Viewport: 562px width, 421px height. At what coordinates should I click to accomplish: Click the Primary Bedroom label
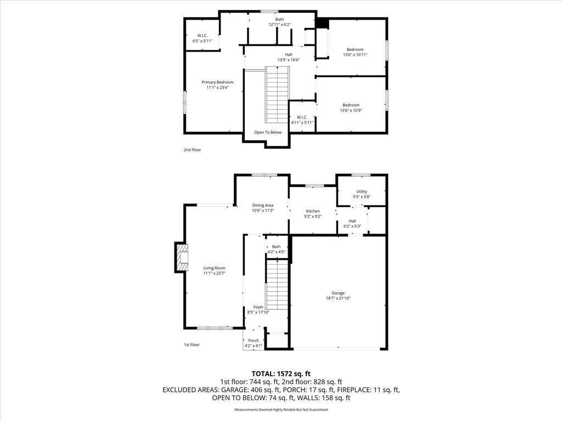[217, 82]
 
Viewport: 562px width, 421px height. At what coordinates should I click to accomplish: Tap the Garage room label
[338, 293]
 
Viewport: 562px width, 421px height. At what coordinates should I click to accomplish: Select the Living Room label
[215, 268]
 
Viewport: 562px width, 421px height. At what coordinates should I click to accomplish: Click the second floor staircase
[277, 94]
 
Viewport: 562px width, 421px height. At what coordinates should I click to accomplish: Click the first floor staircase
[277, 285]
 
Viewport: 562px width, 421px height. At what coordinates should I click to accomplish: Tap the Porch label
[254, 340]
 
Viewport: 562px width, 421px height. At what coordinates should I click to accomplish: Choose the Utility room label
[362, 191]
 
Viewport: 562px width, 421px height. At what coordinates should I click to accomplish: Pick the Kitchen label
[313, 211]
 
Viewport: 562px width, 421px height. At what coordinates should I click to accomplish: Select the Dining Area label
[263, 206]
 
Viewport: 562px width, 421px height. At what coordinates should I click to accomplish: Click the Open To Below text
[268, 133]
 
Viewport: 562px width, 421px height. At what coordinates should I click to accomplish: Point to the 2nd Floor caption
[193, 150]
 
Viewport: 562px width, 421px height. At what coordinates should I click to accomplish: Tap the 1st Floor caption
[192, 345]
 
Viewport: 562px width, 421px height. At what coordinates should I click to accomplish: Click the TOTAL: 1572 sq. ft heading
[281, 374]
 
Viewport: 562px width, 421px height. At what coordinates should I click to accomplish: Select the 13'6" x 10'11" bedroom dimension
[355, 55]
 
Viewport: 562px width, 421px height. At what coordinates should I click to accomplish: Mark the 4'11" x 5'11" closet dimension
[302, 122]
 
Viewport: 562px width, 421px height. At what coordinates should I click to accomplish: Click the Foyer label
[258, 307]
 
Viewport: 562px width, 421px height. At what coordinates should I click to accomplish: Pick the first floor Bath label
[277, 247]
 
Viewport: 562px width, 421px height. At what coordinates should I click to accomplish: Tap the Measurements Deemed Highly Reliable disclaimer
[281, 409]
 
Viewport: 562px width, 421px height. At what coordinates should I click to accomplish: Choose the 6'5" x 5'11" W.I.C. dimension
[203, 41]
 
